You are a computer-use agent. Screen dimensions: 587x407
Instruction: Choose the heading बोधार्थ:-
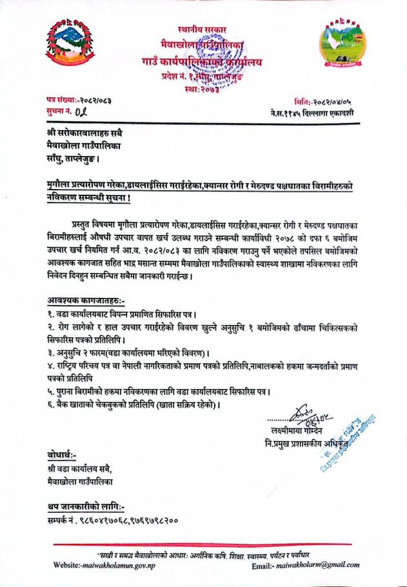[62, 455]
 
